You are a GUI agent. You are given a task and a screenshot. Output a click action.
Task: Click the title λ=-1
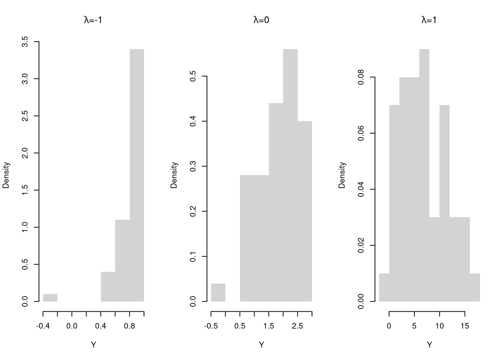point(93,20)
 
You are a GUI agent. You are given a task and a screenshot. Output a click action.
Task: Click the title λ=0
point(261,20)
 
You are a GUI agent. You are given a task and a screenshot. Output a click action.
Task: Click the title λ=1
point(429,20)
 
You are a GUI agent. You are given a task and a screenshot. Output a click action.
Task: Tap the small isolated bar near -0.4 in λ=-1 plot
point(50,298)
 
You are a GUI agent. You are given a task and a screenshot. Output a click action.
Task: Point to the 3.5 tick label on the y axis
point(25,42)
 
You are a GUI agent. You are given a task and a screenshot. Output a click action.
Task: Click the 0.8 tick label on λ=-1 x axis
point(130,326)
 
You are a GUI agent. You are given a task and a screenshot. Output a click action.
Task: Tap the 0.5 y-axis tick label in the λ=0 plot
point(193,76)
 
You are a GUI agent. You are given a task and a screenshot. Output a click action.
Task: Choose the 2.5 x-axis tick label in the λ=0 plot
point(297,326)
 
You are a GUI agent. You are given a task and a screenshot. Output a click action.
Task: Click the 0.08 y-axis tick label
point(361,77)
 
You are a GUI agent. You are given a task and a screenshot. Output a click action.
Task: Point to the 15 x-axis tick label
point(465,326)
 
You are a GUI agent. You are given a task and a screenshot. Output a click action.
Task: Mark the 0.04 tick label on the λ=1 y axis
point(361,189)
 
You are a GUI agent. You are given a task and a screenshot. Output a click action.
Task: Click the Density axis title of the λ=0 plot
point(174,175)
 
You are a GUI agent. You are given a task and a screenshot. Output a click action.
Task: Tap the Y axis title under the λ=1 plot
point(429,345)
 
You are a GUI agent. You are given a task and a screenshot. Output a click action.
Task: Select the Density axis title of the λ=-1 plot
point(6,175)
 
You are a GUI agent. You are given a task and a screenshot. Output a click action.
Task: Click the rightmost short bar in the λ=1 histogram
point(475,287)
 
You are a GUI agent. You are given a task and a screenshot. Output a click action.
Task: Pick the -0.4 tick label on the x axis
point(43,326)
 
